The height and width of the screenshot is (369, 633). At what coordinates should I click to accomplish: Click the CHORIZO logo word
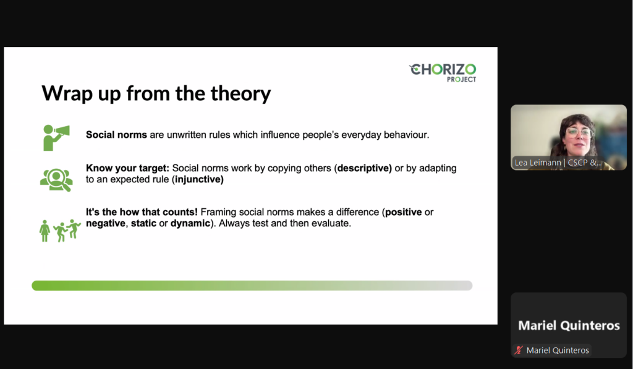(443, 69)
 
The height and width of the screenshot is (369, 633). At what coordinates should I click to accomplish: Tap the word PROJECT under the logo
(461, 80)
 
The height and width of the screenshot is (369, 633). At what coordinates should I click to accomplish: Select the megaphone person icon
(56, 138)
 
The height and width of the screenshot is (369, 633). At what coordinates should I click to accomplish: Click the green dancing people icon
(60, 231)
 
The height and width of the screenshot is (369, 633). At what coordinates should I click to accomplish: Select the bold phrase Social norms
(116, 135)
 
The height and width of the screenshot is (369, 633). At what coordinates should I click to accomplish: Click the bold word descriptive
(365, 168)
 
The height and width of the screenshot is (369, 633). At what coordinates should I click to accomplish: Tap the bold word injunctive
(199, 179)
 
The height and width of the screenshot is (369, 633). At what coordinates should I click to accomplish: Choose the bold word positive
(403, 213)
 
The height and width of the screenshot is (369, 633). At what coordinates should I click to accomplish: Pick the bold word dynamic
(190, 224)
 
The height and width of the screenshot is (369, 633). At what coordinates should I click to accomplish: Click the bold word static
(143, 223)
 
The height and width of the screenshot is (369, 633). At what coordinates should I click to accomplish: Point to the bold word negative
(106, 224)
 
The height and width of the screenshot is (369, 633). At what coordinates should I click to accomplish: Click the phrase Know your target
(127, 168)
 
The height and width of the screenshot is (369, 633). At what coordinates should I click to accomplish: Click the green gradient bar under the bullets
(252, 286)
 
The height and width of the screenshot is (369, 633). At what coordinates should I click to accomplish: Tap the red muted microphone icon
(519, 350)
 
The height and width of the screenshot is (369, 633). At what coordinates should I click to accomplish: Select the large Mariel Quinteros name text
(569, 325)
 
